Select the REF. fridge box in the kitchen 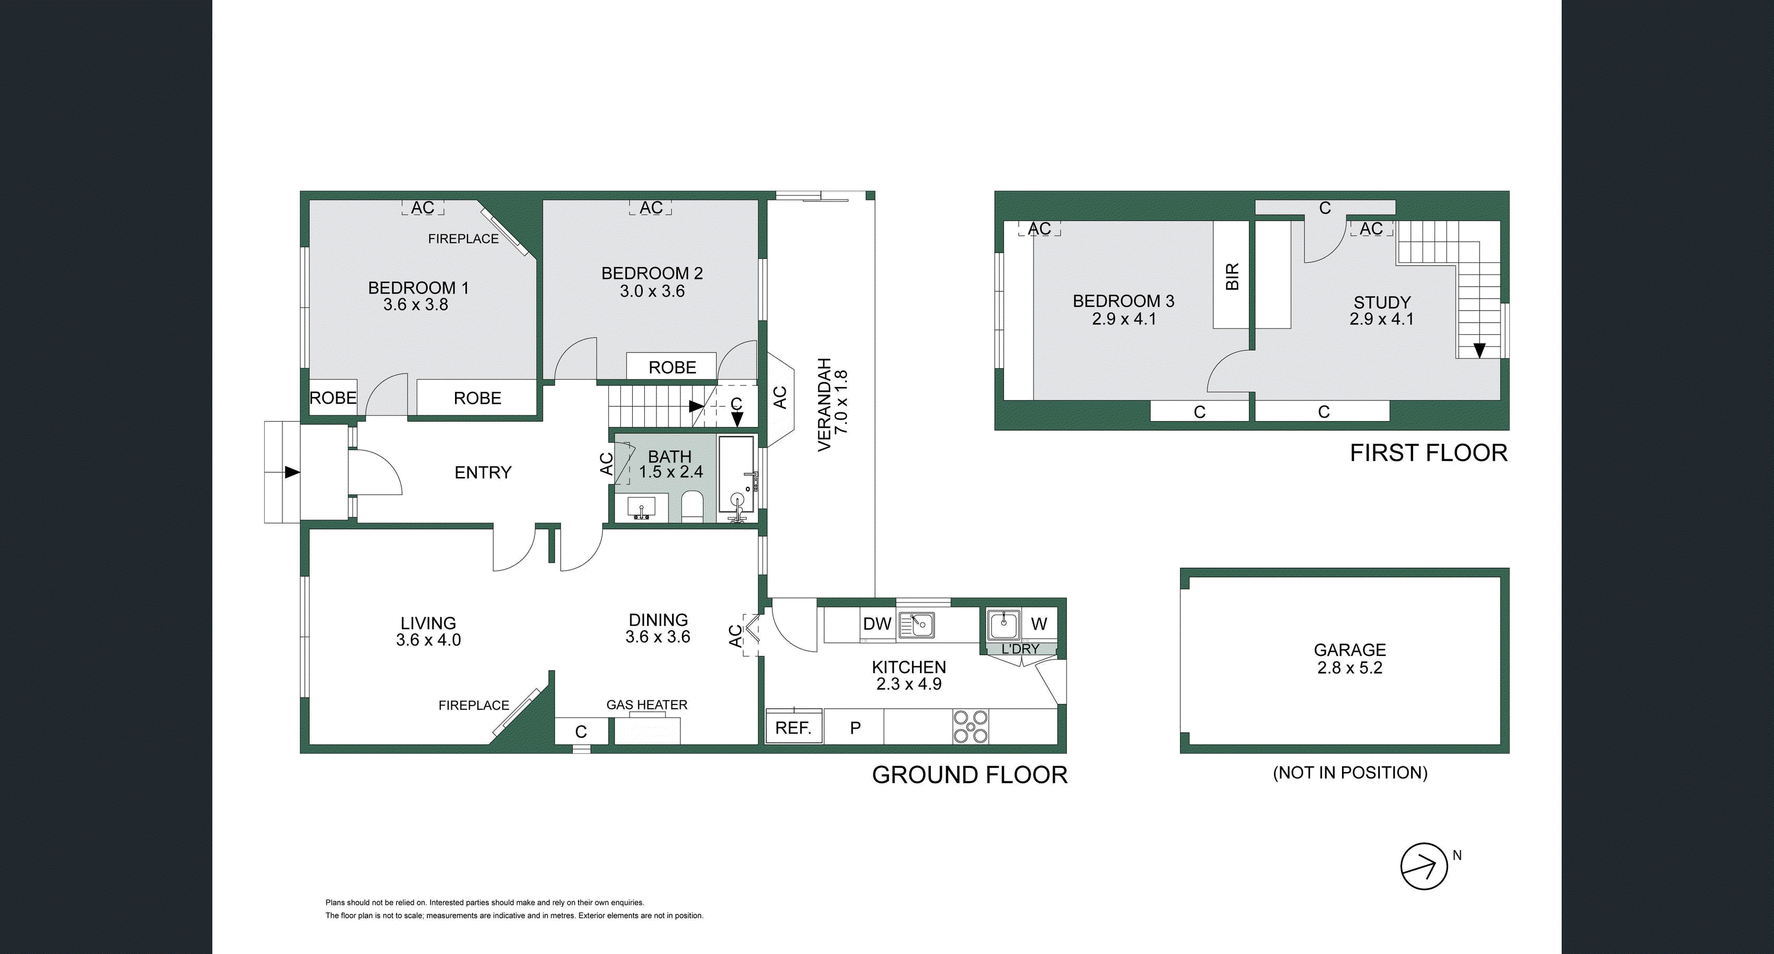coord(793,728)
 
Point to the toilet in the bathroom coord(691,506)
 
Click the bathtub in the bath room coord(737,474)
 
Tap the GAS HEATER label coord(646,705)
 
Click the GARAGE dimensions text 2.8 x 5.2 coord(1349,668)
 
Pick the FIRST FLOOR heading coord(1428,453)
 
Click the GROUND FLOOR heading coord(970,775)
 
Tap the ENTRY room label coord(483,472)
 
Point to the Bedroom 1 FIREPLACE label coord(463,239)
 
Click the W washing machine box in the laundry coord(1039,624)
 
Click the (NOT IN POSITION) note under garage coord(1350,773)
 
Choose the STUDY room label coord(1381,302)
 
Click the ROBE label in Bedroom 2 coord(672,367)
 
